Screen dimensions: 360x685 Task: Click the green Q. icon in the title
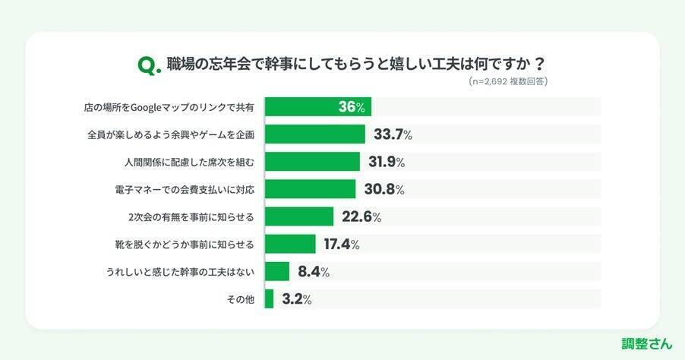(150, 65)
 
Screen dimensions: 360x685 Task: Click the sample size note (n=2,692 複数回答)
(508, 81)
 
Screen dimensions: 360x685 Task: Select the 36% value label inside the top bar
(352, 107)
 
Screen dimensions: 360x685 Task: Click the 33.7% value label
(393, 134)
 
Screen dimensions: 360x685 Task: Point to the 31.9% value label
(386, 162)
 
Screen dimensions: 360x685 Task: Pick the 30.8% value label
(382, 189)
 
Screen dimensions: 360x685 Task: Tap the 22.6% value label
(361, 217)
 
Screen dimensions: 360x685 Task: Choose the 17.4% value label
(341, 245)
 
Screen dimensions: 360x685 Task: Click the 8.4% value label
(313, 272)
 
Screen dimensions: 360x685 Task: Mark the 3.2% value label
(296, 299)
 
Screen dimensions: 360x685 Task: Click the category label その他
(240, 299)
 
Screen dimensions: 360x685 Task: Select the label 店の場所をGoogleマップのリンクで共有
(169, 107)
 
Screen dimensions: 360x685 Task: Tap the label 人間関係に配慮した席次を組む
(188, 162)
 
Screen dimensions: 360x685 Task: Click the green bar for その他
(269, 299)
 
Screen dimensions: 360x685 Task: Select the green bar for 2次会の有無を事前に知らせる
(298, 217)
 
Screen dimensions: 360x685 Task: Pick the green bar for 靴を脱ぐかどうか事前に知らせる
(290, 245)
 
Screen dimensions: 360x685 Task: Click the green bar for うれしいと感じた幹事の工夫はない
(277, 272)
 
